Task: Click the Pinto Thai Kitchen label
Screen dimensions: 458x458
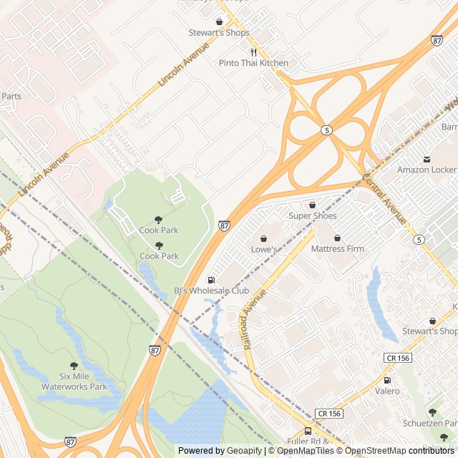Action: [x=253, y=63]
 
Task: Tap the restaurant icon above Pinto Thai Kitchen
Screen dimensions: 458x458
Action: [x=253, y=52]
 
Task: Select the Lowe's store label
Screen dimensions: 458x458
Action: [x=263, y=249]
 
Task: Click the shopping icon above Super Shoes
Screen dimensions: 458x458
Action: [x=312, y=205]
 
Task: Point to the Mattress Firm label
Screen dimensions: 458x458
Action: [x=337, y=249]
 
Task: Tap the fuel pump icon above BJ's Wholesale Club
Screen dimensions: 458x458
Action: [x=211, y=280]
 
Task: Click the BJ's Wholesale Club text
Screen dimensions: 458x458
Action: [x=211, y=291]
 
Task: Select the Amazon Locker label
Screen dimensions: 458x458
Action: [x=427, y=170]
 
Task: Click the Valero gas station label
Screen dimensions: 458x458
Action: [x=387, y=391]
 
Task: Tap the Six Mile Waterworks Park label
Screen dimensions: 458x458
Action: [x=74, y=381]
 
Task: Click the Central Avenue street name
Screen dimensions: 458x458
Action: [x=384, y=198]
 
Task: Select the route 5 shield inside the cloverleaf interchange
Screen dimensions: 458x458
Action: [x=326, y=130]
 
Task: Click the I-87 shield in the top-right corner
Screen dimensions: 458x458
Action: [x=437, y=40]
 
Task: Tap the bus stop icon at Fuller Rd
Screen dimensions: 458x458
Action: [x=308, y=431]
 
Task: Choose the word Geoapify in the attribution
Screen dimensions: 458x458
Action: [x=244, y=451]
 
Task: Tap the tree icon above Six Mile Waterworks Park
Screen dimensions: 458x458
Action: [x=74, y=366]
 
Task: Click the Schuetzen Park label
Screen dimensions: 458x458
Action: [x=429, y=423]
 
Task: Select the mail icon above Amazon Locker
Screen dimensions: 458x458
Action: [x=427, y=159]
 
